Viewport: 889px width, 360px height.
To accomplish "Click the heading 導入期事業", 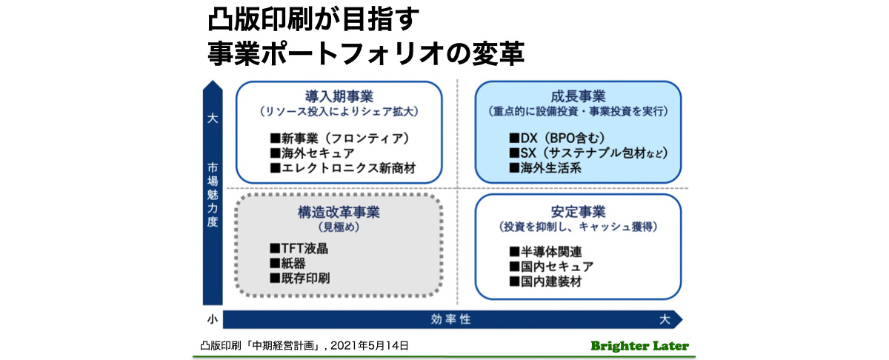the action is pos(339,97).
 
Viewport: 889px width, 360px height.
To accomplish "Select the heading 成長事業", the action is pos(578,97).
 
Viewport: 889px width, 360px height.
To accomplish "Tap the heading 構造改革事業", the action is pos(339,213).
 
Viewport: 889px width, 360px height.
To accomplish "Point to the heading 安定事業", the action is pos(578,212).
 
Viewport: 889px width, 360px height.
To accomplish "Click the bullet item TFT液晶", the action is pos(299,249).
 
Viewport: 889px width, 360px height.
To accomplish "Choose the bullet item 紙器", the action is pos(287,263).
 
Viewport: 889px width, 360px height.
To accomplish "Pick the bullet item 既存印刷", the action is pos(299,279).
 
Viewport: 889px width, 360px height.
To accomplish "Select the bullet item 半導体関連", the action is pos(545,252).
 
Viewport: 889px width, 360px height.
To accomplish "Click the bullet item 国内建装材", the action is pos(545,281).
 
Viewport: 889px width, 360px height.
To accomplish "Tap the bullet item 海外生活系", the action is pos(545,168).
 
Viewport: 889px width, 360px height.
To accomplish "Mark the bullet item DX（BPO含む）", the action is pos(557,138).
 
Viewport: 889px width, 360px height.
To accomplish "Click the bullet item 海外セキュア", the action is pos(312,153).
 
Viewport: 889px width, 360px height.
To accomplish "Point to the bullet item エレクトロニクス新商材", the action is pos(342,168).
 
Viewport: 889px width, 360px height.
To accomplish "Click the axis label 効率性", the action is pos(450,319).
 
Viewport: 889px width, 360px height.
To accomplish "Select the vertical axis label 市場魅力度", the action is pos(213,195).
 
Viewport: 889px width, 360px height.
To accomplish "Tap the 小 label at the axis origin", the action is pos(213,319).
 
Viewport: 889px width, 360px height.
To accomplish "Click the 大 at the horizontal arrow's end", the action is pos(665,319).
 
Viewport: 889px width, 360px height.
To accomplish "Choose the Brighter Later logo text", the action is pos(639,346).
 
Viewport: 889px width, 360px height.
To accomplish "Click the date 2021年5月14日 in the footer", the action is pos(369,346).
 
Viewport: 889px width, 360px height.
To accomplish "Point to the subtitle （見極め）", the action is pos(339,227).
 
